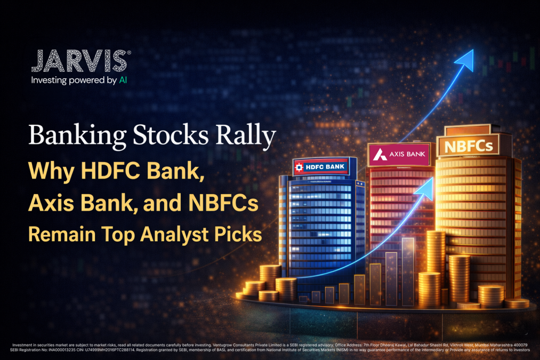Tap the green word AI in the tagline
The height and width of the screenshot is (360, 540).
123,81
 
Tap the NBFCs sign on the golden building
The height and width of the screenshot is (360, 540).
465,145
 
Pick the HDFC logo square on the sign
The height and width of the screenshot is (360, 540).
300,167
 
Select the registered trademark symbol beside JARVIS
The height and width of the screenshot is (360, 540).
128,52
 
